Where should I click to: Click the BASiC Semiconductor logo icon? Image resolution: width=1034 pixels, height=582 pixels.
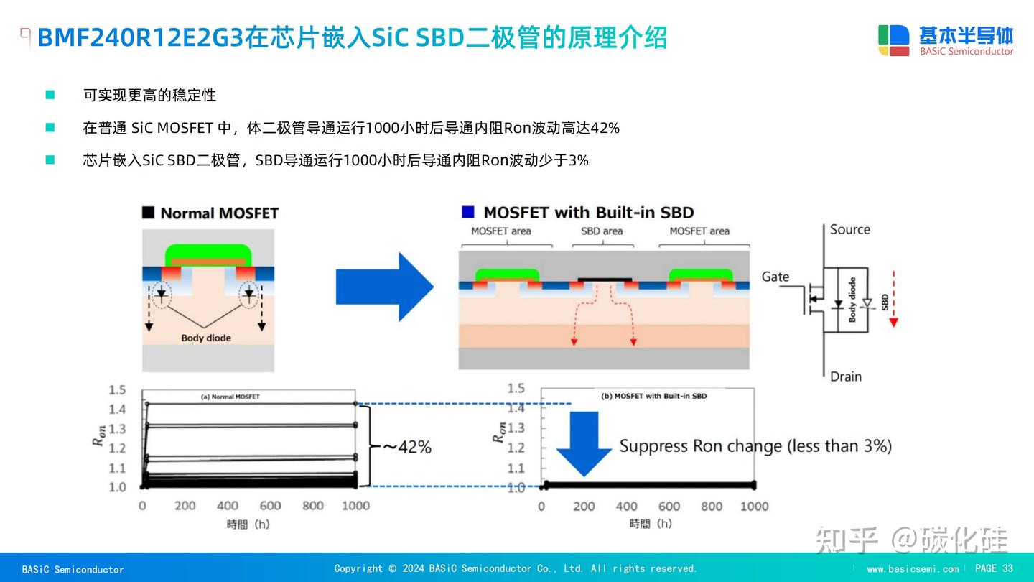click(x=893, y=40)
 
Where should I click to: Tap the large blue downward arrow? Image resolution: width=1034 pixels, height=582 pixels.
click(x=584, y=443)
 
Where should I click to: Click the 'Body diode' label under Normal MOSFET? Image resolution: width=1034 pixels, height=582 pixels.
click(x=206, y=338)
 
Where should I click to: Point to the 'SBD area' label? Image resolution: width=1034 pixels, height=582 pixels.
click(x=601, y=231)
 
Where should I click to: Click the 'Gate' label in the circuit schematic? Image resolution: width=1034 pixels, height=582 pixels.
click(x=775, y=277)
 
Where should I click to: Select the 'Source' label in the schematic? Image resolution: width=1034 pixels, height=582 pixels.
click(x=849, y=230)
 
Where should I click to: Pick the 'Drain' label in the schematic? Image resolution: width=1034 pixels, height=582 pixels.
click(x=845, y=377)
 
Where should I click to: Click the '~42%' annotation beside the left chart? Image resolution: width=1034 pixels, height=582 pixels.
click(x=406, y=447)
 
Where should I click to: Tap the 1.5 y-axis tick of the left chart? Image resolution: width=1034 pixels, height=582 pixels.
click(x=117, y=390)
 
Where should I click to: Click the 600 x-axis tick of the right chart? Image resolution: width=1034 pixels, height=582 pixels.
click(x=669, y=507)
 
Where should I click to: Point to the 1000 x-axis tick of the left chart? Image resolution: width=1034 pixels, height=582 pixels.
click(x=355, y=506)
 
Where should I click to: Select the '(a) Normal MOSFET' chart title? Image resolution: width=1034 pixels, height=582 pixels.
click(x=230, y=397)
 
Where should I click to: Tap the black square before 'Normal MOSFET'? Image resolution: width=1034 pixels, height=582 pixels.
click(x=149, y=213)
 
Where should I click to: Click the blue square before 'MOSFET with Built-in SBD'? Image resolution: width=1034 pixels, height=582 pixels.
click(x=468, y=212)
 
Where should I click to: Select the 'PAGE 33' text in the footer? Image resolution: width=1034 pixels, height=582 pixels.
click(x=994, y=568)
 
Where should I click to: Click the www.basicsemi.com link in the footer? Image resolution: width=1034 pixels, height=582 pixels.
click(x=912, y=569)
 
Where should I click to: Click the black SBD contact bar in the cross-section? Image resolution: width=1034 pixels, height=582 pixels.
click(x=605, y=279)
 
